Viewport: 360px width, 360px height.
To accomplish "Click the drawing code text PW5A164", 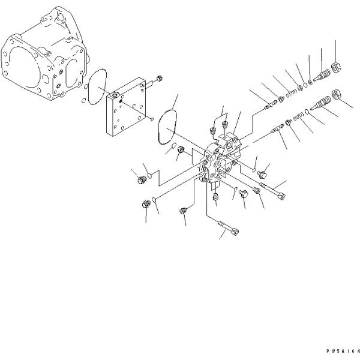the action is click(x=343, y=351).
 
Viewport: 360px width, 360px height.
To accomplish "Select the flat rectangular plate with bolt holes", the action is click(x=126, y=107).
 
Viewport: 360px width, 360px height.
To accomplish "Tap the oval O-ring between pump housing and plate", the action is click(x=97, y=86).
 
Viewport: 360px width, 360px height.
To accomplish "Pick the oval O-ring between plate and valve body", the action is click(x=167, y=127).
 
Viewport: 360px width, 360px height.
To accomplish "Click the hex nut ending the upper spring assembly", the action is click(x=337, y=67).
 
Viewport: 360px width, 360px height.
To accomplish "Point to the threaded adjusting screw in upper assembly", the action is click(x=322, y=75).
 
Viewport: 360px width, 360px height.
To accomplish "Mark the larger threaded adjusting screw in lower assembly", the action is click(x=320, y=103).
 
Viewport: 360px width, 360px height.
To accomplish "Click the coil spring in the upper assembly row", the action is click(x=291, y=93).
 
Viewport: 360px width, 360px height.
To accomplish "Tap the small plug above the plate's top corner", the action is click(x=160, y=78).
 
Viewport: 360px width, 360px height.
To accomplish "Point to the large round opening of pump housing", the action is click(x=25, y=68).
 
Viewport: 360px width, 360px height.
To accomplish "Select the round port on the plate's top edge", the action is click(x=115, y=95).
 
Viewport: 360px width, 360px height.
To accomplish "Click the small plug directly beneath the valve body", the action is click(x=215, y=197).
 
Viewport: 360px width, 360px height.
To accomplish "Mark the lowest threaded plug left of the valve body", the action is click(x=146, y=204).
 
